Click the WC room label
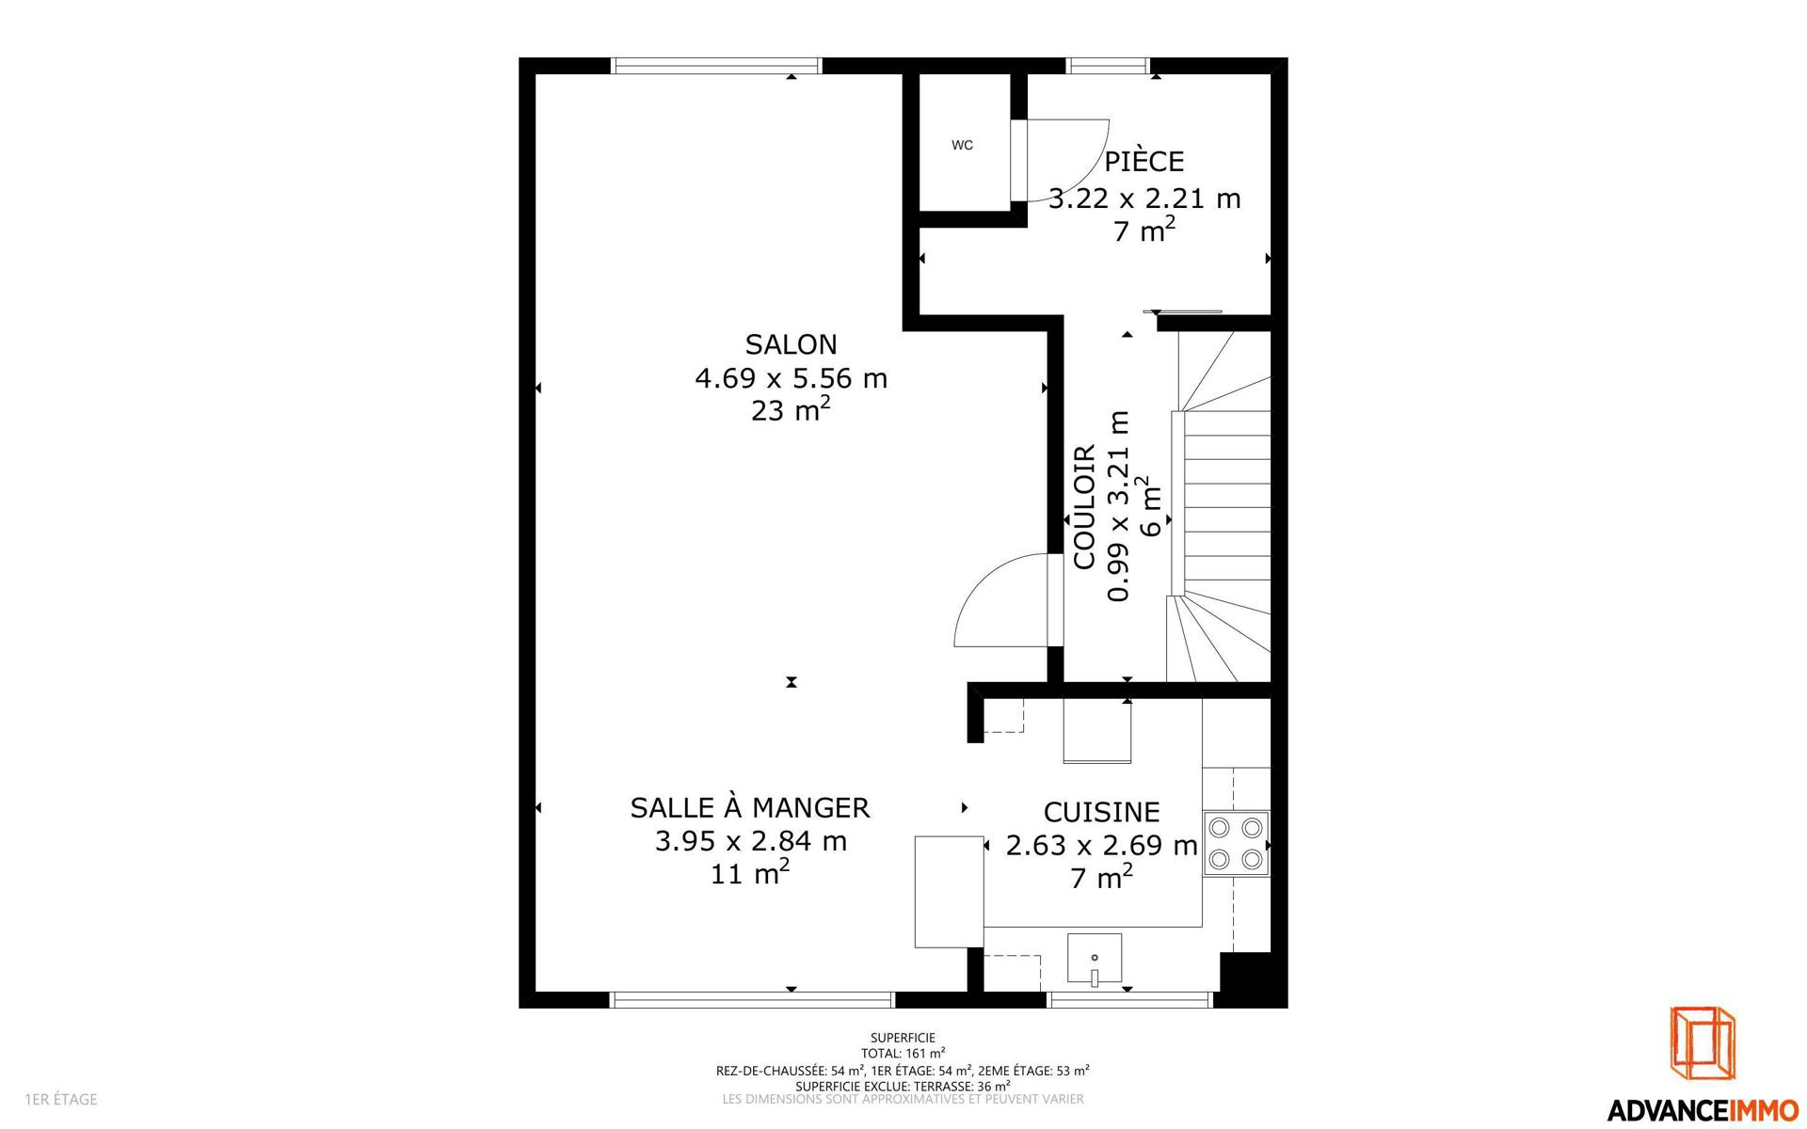pos(962,145)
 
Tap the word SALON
pos(791,344)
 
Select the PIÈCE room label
pos(1143,161)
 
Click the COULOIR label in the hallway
pos(1084,507)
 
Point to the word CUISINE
pos(1101,812)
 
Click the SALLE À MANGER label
pos(749,807)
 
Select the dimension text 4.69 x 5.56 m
pos(791,378)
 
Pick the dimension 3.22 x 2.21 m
pos(1144,199)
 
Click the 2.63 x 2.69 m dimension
pos(1101,845)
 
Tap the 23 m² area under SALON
pos(791,409)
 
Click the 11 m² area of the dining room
pos(749,872)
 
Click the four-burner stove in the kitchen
pos(1236,844)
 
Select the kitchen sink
pos(1095,959)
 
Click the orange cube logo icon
pos(1703,1043)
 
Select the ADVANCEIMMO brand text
pos(1703,1110)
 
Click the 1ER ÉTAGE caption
pos(61,1099)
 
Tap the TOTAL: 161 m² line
pos(903,1054)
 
